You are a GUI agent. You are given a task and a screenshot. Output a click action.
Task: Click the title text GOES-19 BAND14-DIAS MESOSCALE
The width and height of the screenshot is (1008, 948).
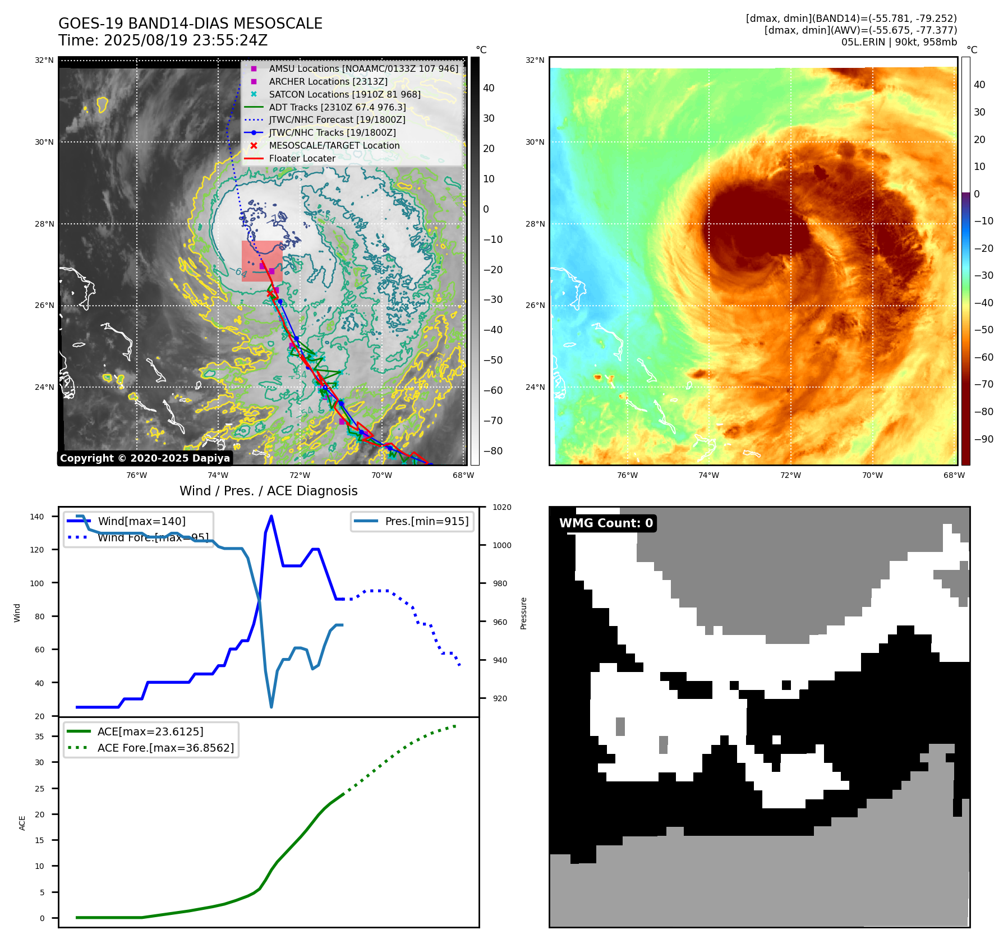click(190, 24)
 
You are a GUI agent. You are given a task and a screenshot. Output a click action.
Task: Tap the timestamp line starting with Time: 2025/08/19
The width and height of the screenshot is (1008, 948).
click(163, 40)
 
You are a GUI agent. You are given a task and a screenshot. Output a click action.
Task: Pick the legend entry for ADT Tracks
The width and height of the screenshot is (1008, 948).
click(337, 107)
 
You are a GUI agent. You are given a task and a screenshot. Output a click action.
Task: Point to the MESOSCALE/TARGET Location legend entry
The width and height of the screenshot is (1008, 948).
click(334, 145)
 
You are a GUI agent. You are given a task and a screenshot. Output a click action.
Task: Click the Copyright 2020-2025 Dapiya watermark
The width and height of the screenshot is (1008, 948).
click(145, 458)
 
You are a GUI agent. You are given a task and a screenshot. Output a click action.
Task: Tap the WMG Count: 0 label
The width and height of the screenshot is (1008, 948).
click(606, 523)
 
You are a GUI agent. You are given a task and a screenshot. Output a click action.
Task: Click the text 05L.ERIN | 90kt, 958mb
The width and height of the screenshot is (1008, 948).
click(899, 42)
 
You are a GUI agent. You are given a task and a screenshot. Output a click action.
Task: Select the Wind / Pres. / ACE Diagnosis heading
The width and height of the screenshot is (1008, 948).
click(268, 491)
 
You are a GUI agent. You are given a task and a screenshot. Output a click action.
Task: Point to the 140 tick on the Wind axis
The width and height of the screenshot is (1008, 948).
click(36, 517)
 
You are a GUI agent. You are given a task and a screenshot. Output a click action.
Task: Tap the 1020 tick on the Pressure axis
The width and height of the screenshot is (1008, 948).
click(501, 508)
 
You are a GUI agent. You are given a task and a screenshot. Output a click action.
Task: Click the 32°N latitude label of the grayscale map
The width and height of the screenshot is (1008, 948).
click(44, 61)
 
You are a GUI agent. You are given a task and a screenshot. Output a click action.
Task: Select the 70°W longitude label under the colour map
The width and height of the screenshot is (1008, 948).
click(872, 476)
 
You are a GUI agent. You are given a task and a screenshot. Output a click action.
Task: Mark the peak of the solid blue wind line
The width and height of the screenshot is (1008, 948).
click(271, 516)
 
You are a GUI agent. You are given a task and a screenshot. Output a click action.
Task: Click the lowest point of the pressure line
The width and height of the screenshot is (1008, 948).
click(271, 707)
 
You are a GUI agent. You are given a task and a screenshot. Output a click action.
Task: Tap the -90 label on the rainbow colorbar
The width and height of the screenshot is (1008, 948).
click(983, 439)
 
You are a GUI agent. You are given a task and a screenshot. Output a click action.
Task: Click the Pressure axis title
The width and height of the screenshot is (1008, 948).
click(523, 613)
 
